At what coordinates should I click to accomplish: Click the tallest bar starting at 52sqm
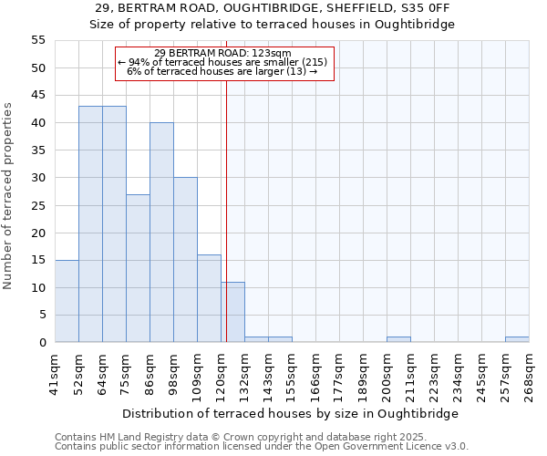(90, 224)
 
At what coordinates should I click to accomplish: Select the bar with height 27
(138, 268)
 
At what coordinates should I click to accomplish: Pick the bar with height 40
(161, 233)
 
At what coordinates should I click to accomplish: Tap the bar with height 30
(185, 260)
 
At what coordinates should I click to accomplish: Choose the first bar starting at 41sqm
(67, 301)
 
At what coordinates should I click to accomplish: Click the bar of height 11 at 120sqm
(232, 312)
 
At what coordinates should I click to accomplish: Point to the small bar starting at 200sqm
(398, 339)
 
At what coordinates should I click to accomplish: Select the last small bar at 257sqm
(517, 339)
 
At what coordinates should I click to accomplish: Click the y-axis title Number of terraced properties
(8, 196)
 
